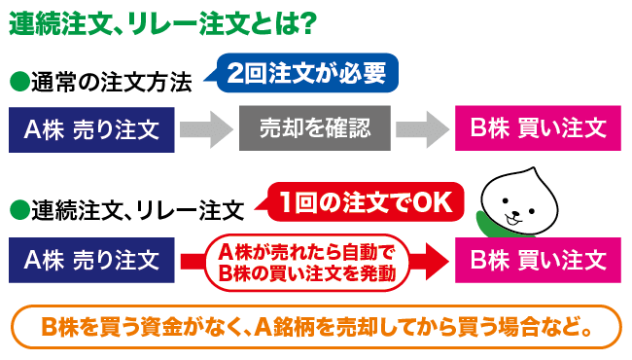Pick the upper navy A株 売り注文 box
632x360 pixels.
[x=91, y=127]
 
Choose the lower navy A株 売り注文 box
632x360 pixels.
[x=91, y=260]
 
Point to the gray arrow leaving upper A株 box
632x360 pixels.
[x=205, y=127]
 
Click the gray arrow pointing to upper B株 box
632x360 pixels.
[x=423, y=127]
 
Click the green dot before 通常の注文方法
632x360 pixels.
[x=18, y=81]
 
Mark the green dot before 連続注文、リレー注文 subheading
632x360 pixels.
[x=18, y=208]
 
